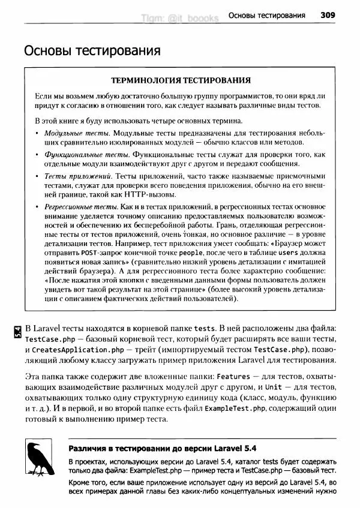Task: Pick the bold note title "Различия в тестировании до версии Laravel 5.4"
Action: tap(162, 448)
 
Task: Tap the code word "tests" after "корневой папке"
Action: tap(205, 328)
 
